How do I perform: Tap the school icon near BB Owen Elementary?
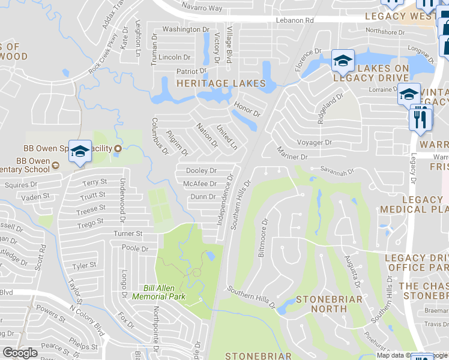79,152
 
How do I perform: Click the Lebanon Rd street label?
295,20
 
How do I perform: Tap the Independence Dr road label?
226,200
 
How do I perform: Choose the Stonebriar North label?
329,304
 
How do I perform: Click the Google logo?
20,353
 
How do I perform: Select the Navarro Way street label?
202,8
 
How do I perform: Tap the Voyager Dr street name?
314,142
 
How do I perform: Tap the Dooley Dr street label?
201,171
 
